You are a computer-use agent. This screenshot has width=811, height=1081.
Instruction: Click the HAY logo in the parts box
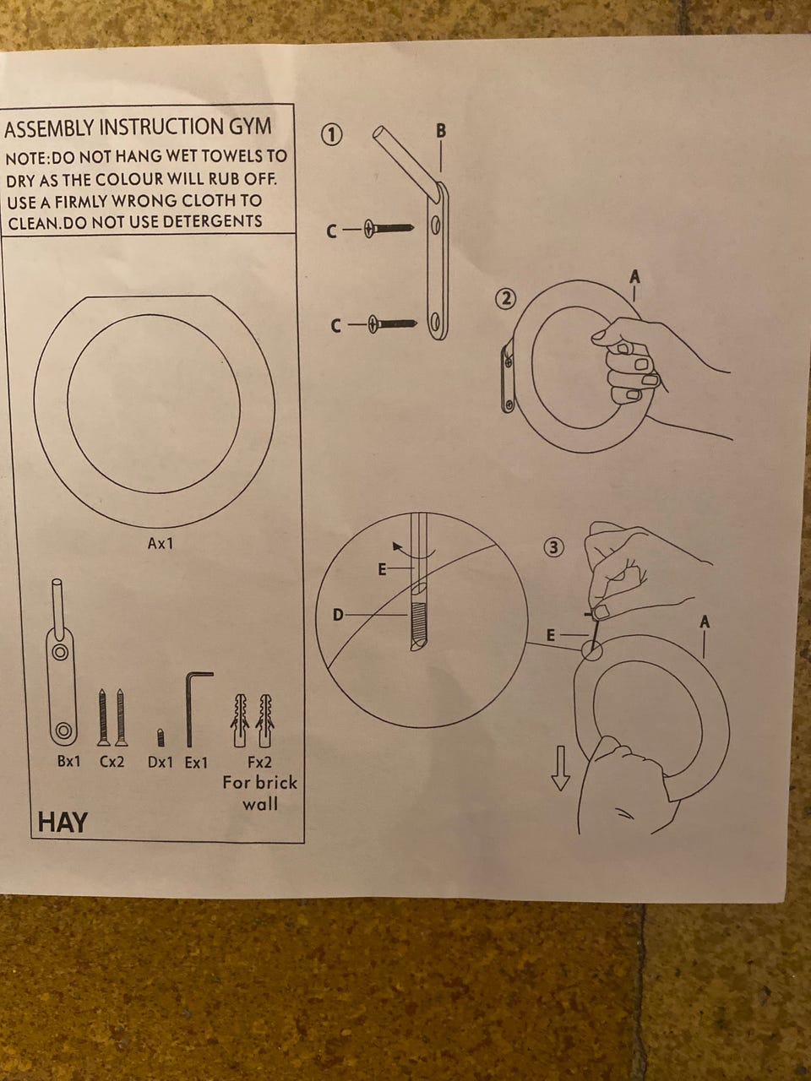click(x=63, y=823)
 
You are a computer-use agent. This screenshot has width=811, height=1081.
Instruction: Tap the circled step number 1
click(x=331, y=135)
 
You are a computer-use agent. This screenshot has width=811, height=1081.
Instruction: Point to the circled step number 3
click(x=554, y=547)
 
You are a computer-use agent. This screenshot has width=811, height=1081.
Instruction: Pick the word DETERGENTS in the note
click(x=212, y=221)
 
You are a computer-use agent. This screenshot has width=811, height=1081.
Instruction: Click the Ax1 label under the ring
click(x=160, y=544)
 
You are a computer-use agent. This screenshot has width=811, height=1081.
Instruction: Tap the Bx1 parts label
click(x=68, y=762)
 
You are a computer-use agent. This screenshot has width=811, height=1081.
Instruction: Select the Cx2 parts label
click(x=112, y=762)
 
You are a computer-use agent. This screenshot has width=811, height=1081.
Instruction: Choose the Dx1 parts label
click(x=161, y=763)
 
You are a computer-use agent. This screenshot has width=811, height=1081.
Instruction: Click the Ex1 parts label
click(x=197, y=763)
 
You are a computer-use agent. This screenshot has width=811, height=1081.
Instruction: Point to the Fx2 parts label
click(x=259, y=763)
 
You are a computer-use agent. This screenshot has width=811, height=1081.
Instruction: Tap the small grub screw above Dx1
click(x=160, y=737)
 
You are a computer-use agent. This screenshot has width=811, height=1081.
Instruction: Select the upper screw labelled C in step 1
click(x=389, y=229)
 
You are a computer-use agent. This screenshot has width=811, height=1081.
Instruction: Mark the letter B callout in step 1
click(x=441, y=131)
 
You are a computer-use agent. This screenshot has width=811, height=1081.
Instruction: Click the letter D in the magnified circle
click(x=338, y=615)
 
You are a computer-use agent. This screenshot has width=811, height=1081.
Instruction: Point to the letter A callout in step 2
click(x=634, y=278)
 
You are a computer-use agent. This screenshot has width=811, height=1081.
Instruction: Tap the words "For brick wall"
click(x=260, y=793)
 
